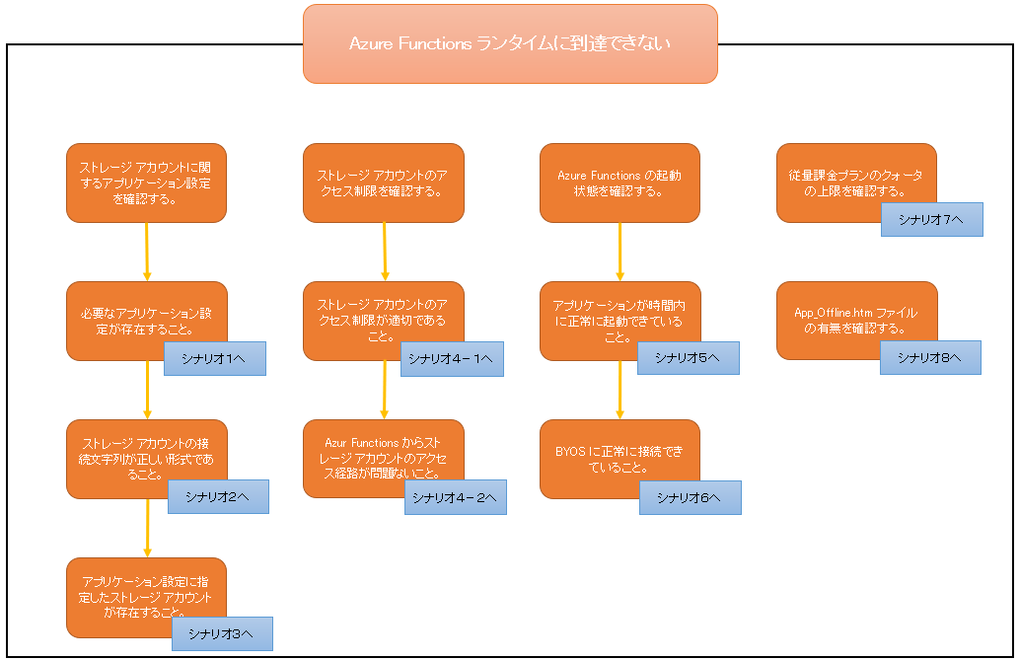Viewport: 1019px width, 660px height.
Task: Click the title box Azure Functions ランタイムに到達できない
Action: click(510, 43)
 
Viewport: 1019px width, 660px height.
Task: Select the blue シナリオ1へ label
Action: click(215, 357)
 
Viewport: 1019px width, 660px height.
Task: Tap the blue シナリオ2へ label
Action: click(218, 496)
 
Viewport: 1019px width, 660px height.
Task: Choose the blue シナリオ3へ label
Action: click(222, 633)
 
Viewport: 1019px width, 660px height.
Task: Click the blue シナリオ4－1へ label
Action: click(454, 358)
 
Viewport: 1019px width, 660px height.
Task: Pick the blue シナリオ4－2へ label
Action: click(455, 496)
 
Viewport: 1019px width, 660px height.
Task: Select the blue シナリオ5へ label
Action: click(688, 357)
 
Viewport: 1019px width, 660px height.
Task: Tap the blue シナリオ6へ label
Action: click(690, 497)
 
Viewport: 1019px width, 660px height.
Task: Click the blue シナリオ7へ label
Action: click(931, 219)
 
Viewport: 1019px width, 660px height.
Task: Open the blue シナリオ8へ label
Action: click(930, 357)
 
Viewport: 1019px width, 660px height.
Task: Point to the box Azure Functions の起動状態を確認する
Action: click(619, 183)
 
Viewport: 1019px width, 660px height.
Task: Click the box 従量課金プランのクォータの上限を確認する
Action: click(855, 178)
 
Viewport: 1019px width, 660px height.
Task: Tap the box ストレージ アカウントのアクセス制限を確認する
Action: click(383, 183)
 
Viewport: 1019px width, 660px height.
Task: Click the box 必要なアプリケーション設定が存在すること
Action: click(145, 316)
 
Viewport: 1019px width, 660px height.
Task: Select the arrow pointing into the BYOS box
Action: click(619, 390)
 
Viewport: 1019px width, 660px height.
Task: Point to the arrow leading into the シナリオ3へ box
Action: click(147, 528)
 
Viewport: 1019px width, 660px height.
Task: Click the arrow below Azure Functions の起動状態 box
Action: click(619, 252)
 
